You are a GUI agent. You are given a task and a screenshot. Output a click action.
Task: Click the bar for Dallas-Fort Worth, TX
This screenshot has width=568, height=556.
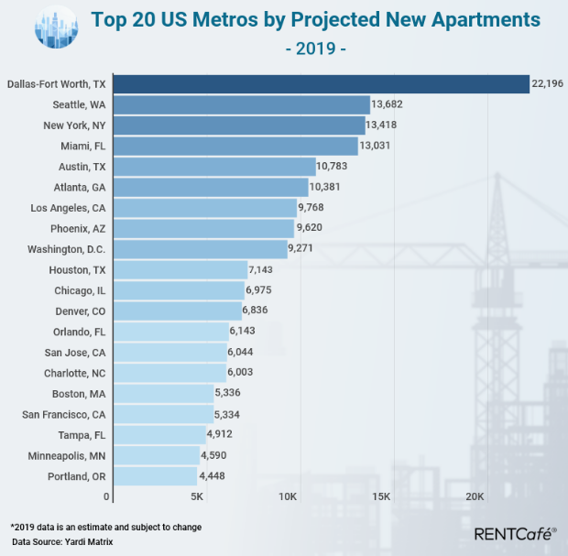point(318,84)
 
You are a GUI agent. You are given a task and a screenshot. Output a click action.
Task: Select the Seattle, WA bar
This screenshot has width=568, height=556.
point(238,105)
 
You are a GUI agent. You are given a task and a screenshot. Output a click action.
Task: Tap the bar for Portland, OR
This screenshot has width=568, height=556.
point(152,476)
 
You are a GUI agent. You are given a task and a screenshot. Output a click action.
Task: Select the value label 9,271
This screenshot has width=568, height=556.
point(304,249)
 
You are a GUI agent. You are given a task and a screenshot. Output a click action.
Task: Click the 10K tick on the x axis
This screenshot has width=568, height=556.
point(288,496)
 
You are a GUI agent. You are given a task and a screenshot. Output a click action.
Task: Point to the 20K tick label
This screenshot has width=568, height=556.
point(475,496)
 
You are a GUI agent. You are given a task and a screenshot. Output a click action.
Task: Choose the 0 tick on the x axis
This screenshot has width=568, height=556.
point(107,496)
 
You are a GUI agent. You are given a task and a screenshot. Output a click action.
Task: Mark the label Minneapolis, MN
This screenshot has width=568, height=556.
point(67,455)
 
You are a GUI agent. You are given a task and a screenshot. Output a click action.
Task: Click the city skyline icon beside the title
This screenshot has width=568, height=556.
point(57,28)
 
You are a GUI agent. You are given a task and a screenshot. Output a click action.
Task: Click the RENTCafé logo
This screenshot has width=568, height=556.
point(515,533)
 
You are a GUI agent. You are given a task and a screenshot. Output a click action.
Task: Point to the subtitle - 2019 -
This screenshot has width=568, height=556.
point(315,47)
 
